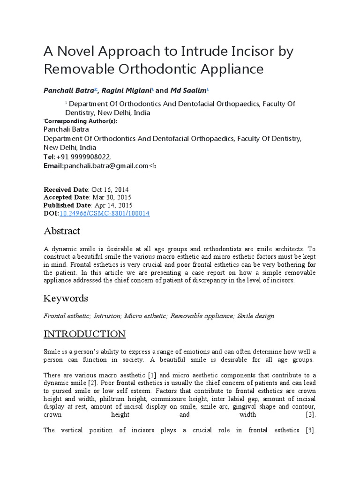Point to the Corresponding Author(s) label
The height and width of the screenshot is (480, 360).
point(81,121)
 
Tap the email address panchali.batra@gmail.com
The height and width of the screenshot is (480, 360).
point(106,165)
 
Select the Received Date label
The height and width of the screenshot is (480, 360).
point(66,189)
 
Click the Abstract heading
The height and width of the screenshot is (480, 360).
point(62,231)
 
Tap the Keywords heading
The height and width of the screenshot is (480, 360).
point(66,299)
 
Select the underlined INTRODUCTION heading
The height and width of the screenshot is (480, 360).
point(84,334)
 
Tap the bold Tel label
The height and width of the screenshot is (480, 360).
point(49,157)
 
